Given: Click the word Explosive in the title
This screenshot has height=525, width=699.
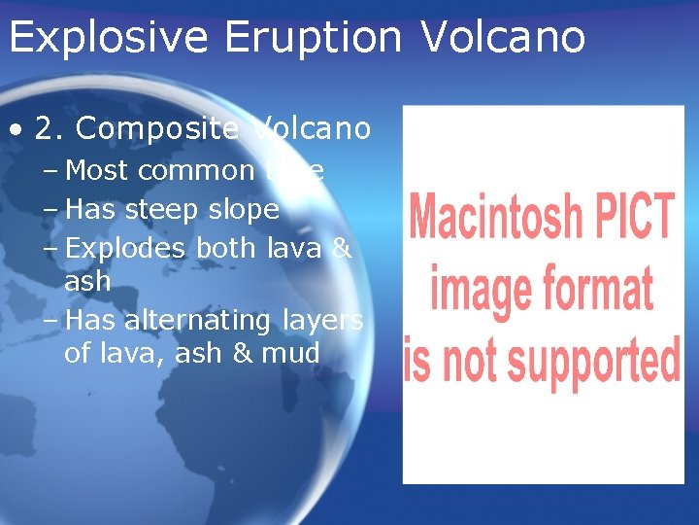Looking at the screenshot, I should pos(108,38).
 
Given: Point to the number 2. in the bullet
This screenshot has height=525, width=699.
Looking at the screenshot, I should pos(50,128).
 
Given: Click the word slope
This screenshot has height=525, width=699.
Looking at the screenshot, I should pos(244,210).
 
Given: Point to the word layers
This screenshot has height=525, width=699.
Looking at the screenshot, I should pos(323,321).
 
